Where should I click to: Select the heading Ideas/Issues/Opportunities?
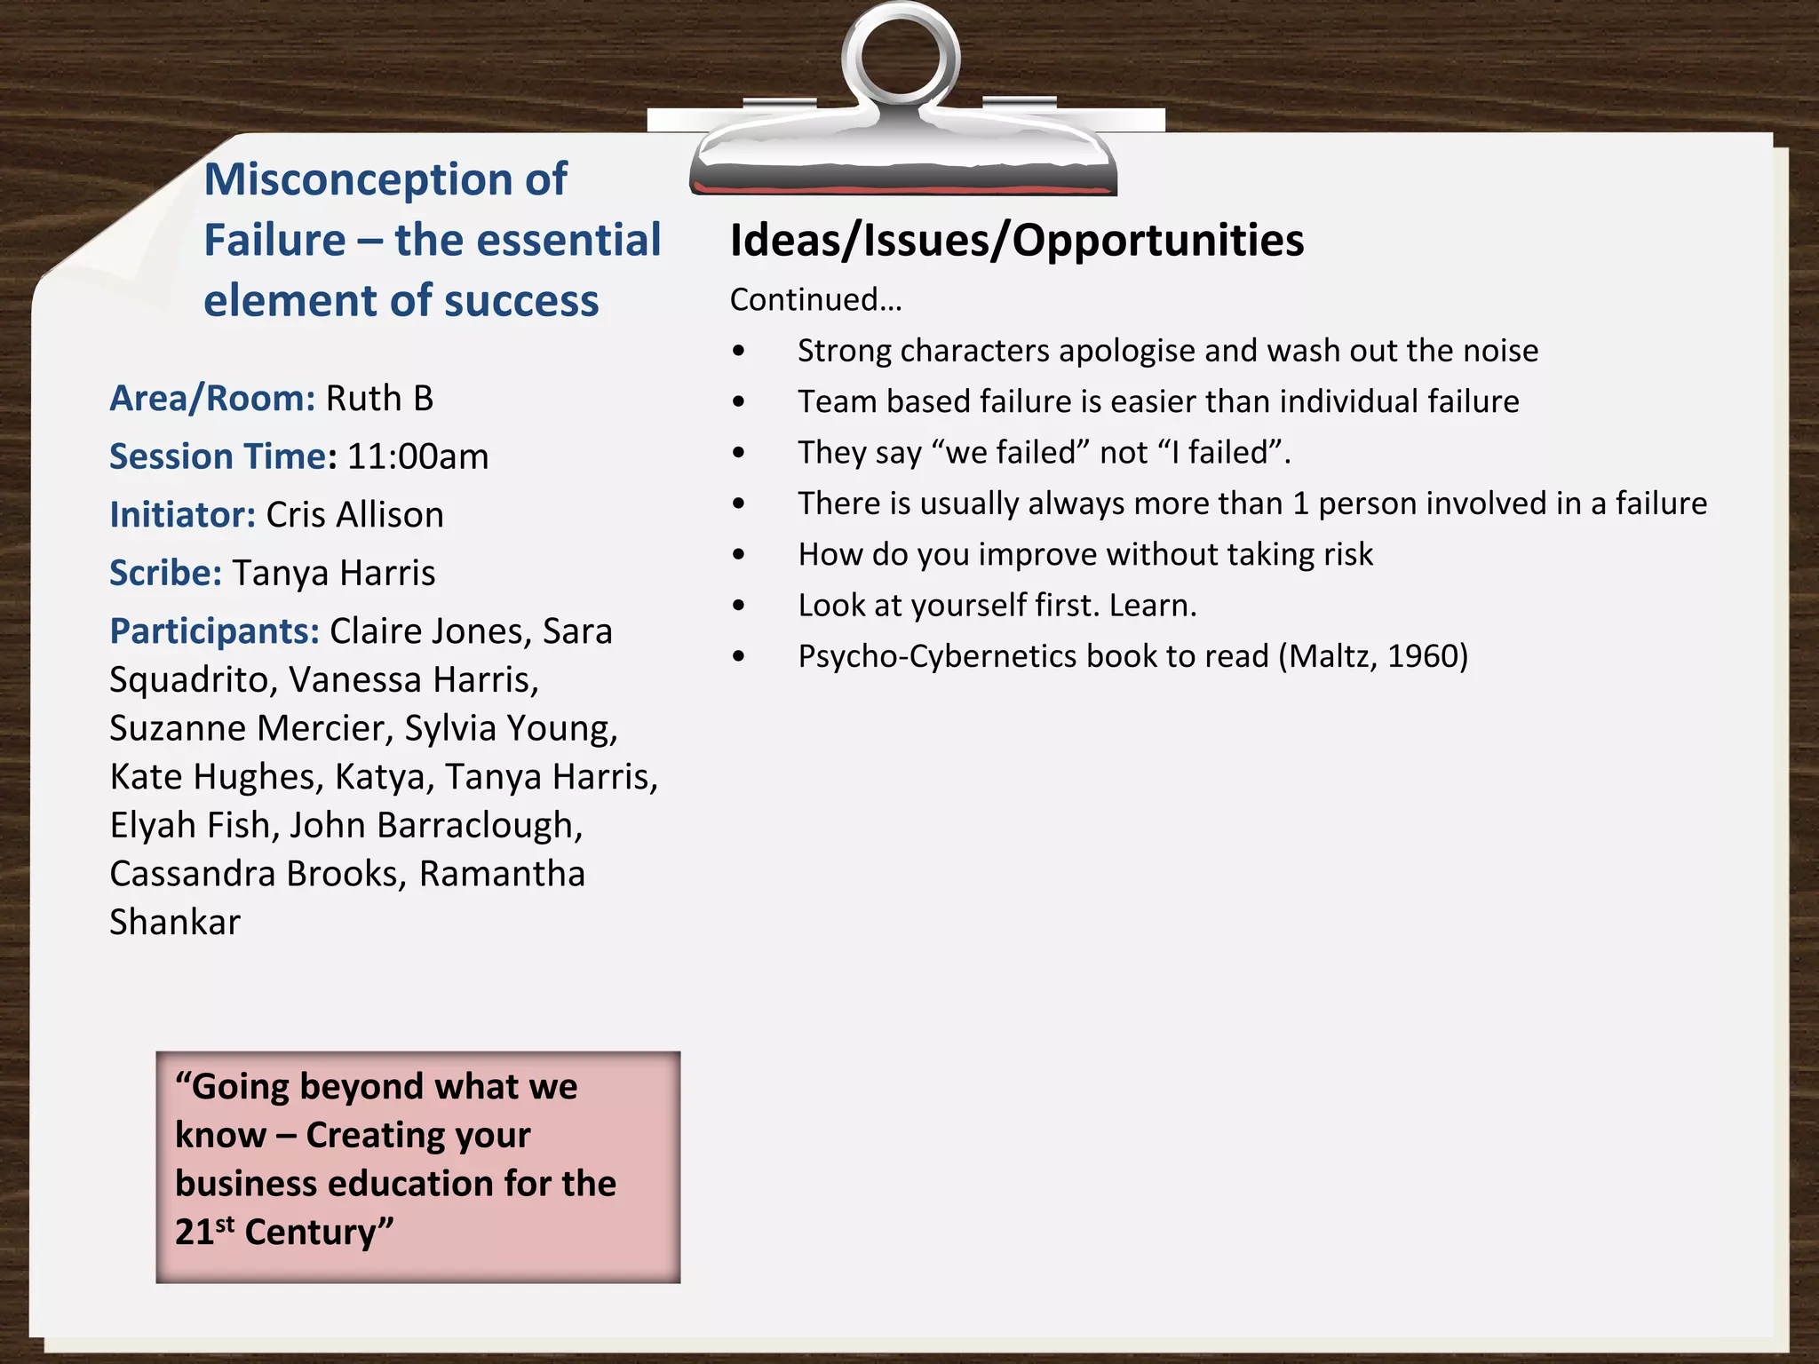[x=1016, y=241]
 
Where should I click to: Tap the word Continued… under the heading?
[x=815, y=300]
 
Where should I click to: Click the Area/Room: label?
[x=211, y=399]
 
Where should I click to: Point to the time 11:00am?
[x=417, y=457]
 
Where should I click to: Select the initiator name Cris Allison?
[x=354, y=515]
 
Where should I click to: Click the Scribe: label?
[x=165, y=573]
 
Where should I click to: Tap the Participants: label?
[x=214, y=631]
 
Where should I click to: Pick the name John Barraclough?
[x=435, y=825]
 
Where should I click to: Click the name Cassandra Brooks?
[x=253, y=874]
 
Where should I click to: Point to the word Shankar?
[x=175, y=923]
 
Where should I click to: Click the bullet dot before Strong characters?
[x=739, y=352]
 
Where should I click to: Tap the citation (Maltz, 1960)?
[x=1373, y=656]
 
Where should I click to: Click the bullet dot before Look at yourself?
[x=739, y=607]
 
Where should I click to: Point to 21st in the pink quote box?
[x=204, y=1232]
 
